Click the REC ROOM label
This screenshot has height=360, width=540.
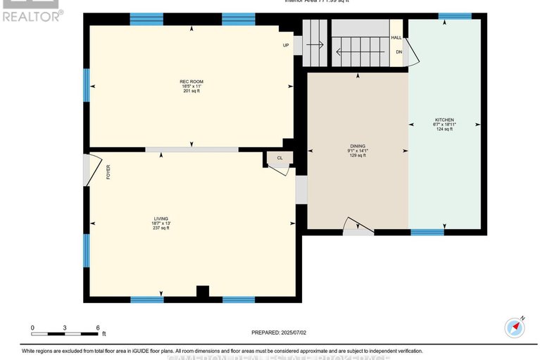coord(187,82)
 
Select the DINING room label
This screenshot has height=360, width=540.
coord(358,145)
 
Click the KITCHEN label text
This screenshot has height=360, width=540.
coord(444,120)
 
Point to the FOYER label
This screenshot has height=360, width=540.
coord(108,172)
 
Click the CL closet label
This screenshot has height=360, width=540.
coord(280,159)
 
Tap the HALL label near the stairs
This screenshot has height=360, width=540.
coord(397,37)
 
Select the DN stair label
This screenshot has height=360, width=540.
coord(398,52)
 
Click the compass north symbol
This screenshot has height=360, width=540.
coord(515,328)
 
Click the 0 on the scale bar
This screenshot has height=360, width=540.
coord(32,328)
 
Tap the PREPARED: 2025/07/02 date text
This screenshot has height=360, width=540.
coord(280,333)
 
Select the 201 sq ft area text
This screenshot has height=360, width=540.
coord(187,92)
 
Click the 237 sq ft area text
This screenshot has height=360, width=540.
coord(161,228)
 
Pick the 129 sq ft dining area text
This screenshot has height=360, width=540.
coord(358,155)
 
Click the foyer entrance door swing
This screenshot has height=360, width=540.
coord(88,170)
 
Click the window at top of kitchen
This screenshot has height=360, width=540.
coord(455,15)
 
